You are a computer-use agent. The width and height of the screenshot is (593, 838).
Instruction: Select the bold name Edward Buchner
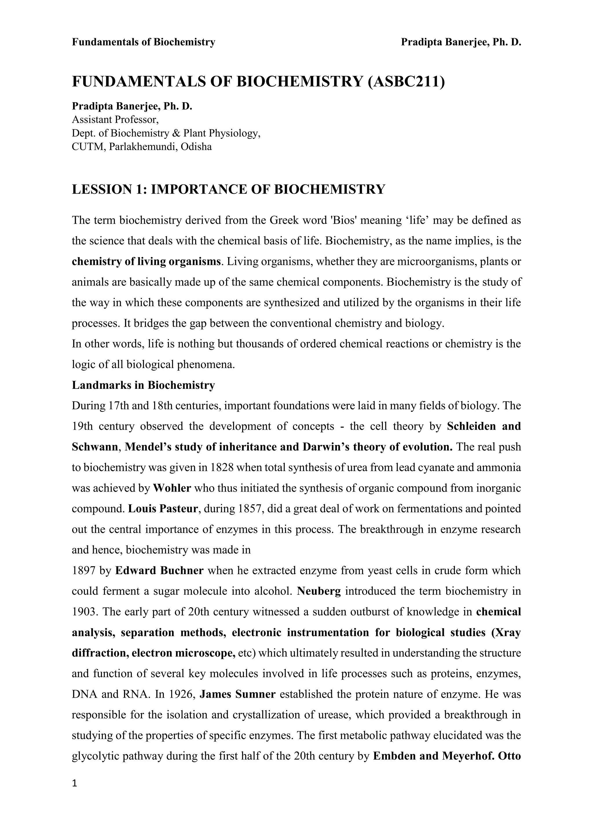click(x=159, y=570)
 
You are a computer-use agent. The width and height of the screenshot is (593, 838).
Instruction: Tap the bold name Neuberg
click(x=319, y=591)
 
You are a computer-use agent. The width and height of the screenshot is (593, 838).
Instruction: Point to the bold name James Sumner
click(x=238, y=694)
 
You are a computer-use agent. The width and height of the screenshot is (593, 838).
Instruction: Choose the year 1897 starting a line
click(x=84, y=570)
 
